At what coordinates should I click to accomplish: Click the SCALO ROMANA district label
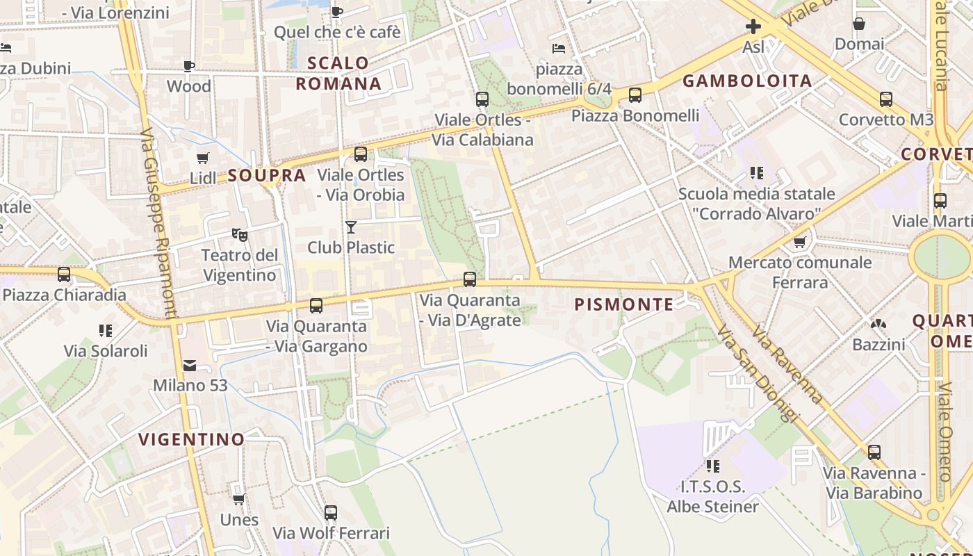pyautogui.click(x=338, y=73)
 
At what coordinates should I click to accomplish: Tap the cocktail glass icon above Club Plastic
pyautogui.click(x=351, y=227)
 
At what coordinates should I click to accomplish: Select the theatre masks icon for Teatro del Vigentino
pyautogui.click(x=240, y=235)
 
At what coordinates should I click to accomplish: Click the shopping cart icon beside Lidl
pyautogui.click(x=202, y=158)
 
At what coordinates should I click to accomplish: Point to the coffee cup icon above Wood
pyautogui.click(x=188, y=66)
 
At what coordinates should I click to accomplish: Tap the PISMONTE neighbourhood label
pyautogui.click(x=624, y=304)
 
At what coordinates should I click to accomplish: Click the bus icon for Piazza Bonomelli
pyautogui.click(x=635, y=95)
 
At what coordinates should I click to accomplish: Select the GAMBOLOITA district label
pyautogui.click(x=747, y=81)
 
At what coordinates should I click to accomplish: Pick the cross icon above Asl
pyautogui.click(x=753, y=27)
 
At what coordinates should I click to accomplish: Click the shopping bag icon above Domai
pyautogui.click(x=859, y=24)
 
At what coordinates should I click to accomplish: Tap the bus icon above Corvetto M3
pyautogui.click(x=885, y=99)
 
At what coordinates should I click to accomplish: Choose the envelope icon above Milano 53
pyautogui.click(x=189, y=366)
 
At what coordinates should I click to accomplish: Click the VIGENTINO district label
pyautogui.click(x=191, y=439)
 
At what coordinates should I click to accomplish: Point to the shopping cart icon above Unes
pyautogui.click(x=238, y=500)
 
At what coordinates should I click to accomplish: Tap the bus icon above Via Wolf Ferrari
pyautogui.click(x=331, y=513)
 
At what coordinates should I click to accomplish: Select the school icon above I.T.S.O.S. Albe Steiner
pyautogui.click(x=712, y=466)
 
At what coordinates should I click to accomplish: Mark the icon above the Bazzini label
pyautogui.click(x=878, y=324)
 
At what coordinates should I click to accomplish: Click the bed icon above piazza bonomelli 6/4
pyautogui.click(x=558, y=48)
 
